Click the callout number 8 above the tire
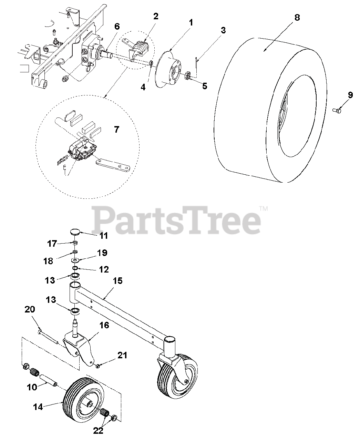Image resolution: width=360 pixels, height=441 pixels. [297, 18]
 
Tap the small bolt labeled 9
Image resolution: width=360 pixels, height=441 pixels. [337, 110]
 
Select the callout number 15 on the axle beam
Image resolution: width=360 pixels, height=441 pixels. [118, 281]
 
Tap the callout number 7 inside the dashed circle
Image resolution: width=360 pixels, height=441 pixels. [116, 130]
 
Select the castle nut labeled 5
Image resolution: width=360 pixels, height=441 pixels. [188, 76]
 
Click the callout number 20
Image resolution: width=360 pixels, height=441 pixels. [30, 309]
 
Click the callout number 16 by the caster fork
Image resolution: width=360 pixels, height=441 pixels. [104, 325]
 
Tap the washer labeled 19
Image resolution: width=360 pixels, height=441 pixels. [75, 260]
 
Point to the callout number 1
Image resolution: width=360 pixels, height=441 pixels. [191, 23]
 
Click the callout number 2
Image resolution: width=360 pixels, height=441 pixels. [156, 16]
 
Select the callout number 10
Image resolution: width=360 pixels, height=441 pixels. [32, 387]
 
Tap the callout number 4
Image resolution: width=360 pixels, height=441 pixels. [143, 88]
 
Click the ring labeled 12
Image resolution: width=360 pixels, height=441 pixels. [75, 268]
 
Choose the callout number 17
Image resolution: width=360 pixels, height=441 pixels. [52, 243]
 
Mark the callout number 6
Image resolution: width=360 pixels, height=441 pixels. [117, 27]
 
